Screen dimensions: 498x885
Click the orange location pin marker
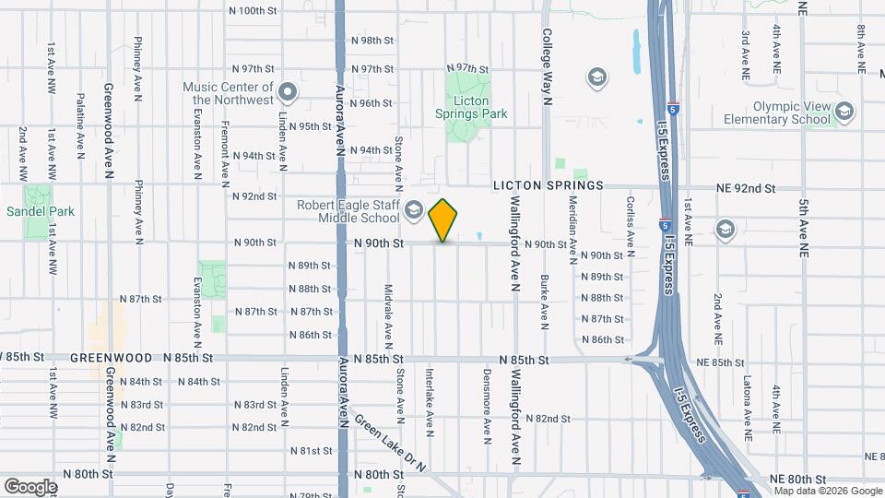443,219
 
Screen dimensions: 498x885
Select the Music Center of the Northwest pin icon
288,91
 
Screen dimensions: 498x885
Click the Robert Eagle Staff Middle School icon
414,211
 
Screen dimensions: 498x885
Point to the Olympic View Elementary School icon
844,113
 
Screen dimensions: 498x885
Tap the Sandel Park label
41,211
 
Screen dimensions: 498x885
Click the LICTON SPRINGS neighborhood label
548,185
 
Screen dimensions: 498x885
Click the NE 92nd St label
747,188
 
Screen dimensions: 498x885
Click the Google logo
30,486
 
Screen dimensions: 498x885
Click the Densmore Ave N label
486,402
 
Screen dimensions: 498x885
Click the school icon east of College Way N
596,76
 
